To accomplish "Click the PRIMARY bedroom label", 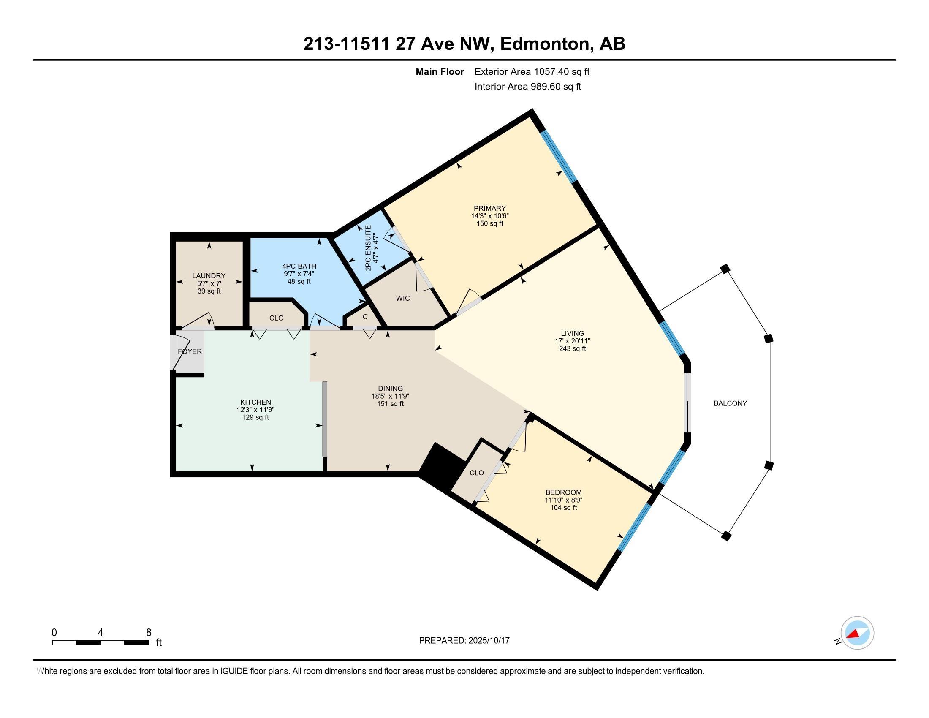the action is click(x=489, y=208).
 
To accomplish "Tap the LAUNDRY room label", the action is click(x=209, y=276).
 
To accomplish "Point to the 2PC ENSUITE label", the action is click(x=368, y=248).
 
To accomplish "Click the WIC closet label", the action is click(x=403, y=298).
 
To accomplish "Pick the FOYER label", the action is click(x=190, y=351).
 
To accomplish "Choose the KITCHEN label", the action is click(x=255, y=402).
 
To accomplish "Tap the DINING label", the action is click(x=391, y=388).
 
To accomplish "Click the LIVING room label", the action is click(x=573, y=333).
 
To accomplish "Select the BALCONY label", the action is click(x=731, y=403).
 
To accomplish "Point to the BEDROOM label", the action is click(x=564, y=492).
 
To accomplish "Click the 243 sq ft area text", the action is click(x=573, y=348).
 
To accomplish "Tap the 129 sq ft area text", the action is click(x=255, y=417).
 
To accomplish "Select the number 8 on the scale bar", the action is click(x=149, y=633).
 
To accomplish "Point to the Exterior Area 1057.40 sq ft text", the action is click(x=532, y=71).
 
